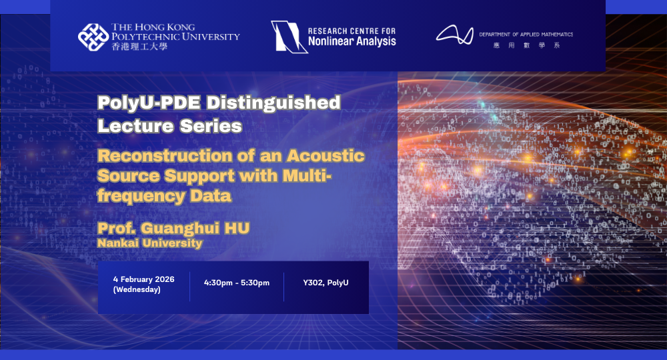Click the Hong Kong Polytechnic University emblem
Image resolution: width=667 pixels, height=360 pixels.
pyautogui.click(x=93, y=37)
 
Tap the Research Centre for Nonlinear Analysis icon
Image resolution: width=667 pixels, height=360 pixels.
pyautogui.click(x=285, y=36)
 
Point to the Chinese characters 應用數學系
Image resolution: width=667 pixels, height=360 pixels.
pyautogui.click(x=526, y=45)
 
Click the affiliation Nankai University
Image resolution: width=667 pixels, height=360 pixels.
pyautogui.click(x=149, y=243)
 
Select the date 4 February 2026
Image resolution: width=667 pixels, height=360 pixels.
pyautogui.click(x=143, y=279)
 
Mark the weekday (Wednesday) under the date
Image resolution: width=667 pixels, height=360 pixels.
pyautogui.click(x=137, y=289)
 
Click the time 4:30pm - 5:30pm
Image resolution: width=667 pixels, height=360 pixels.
pyautogui.click(x=237, y=283)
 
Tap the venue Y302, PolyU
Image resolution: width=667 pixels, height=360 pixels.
pyautogui.click(x=325, y=283)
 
